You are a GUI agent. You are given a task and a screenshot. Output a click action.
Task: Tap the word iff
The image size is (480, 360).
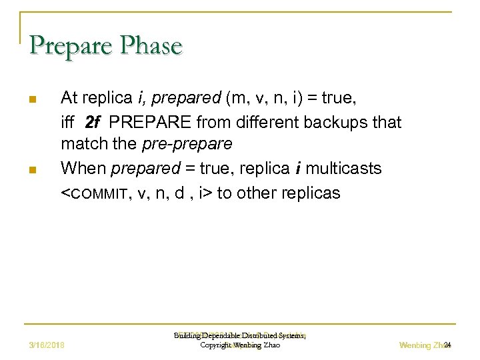[68, 123]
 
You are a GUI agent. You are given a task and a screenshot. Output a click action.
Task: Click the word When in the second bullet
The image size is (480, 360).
[83, 169]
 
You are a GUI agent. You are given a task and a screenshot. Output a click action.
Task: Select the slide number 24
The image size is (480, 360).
[447, 345]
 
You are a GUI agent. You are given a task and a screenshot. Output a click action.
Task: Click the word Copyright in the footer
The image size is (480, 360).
[216, 345]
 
